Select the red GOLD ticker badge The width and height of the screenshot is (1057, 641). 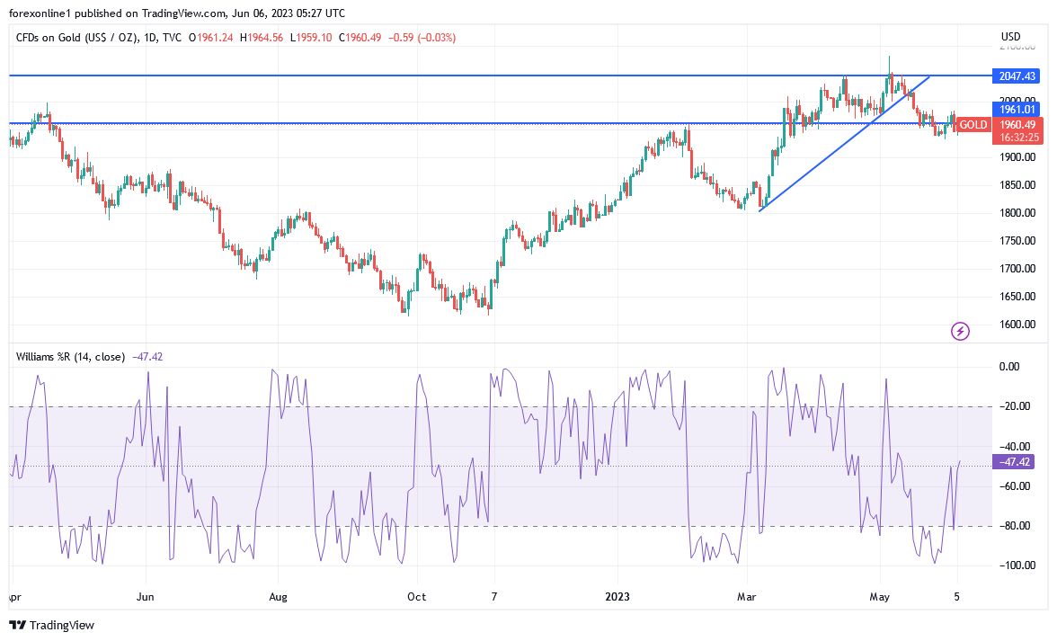pyautogui.click(x=973, y=125)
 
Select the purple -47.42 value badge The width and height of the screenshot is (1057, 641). pyautogui.click(x=1014, y=462)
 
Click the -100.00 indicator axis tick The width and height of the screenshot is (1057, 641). pyautogui.click(x=1014, y=565)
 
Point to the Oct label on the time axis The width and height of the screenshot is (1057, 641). pyautogui.click(x=416, y=596)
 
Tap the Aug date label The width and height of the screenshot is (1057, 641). pyautogui.click(x=278, y=596)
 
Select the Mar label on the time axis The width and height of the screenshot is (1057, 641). pyautogui.click(x=746, y=596)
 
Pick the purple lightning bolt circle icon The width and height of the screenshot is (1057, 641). pyautogui.click(x=960, y=332)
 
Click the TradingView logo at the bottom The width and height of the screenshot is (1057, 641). pyautogui.click(x=52, y=625)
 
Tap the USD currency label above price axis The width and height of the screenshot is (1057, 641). pyautogui.click(x=1010, y=37)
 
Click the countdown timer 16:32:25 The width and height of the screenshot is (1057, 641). pyautogui.click(x=1016, y=138)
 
